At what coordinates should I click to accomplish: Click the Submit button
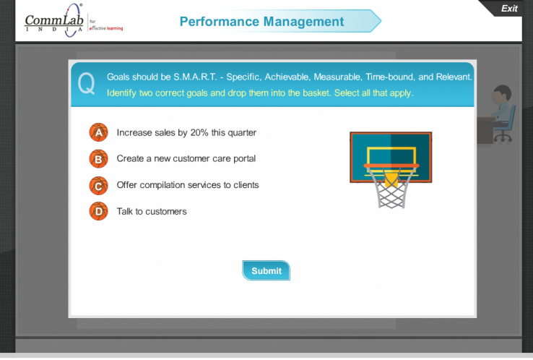(266, 270)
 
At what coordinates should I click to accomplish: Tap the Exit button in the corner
(508, 8)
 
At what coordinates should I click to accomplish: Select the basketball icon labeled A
(98, 132)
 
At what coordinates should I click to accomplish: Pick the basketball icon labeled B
(98, 158)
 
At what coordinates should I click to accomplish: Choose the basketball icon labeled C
(98, 185)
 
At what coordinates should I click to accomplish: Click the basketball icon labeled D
(98, 211)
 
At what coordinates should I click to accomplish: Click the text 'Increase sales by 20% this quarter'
(186, 132)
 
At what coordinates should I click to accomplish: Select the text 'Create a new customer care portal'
(186, 158)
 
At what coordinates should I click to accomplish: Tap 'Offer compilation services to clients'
(188, 185)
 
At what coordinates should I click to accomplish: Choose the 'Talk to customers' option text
(152, 211)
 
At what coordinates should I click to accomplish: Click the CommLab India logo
(53, 21)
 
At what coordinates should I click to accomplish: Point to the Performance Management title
(261, 22)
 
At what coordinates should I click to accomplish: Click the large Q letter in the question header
(86, 84)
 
